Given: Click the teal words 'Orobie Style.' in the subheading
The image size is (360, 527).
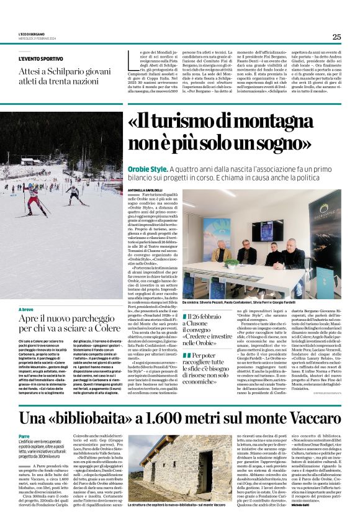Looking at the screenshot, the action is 148,169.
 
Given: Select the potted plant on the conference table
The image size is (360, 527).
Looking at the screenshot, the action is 232,263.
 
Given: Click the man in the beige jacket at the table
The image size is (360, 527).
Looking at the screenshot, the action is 221,253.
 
